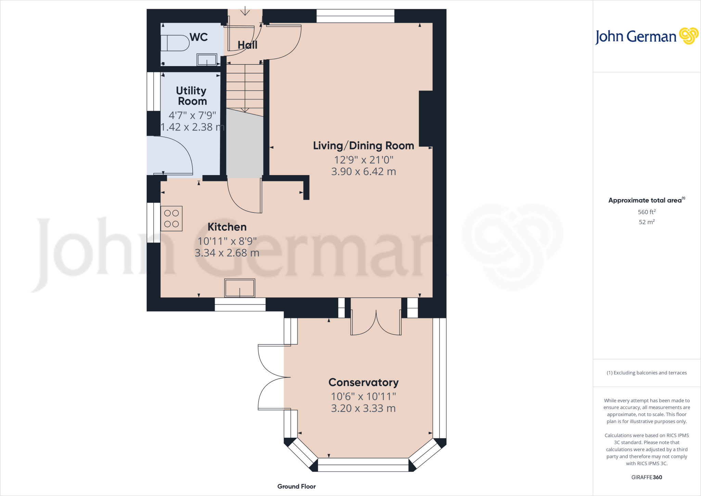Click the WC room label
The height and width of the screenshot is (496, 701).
click(199, 37)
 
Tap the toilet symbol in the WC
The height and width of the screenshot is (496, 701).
click(175, 44)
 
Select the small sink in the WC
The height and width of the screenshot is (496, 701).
click(207, 60)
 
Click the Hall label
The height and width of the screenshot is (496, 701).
click(247, 45)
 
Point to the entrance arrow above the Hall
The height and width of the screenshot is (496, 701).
click(245, 11)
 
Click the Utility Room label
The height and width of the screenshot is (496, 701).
click(192, 96)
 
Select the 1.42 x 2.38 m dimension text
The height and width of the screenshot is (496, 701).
click(192, 127)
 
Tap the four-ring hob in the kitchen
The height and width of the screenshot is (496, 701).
click(171, 219)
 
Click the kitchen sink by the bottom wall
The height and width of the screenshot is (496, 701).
click(240, 288)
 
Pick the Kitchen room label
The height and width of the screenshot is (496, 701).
click(227, 227)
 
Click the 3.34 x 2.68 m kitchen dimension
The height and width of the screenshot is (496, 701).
click(227, 253)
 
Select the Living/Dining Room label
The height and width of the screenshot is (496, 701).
click(364, 146)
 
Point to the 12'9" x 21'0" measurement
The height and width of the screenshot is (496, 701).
click(364, 160)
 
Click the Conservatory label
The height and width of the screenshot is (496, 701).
click(364, 382)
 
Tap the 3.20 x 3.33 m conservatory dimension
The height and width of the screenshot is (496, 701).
click(364, 408)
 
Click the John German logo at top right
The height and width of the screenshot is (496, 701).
click(646, 36)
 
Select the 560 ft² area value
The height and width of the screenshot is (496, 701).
click(647, 212)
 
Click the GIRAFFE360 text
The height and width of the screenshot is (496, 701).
click(647, 477)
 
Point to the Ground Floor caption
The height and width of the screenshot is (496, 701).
click(296, 486)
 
